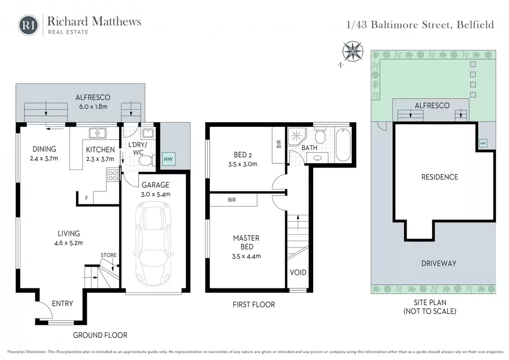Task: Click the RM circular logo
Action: [x=28, y=25]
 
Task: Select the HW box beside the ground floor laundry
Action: [x=169, y=159]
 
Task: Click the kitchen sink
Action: [x=97, y=133]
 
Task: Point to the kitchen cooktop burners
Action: [x=113, y=176]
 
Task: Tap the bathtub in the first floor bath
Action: [x=343, y=145]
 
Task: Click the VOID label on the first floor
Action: [x=298, y=272]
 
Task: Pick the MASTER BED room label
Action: [x=247, y=242]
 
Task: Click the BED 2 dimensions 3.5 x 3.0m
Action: [x=243, y=164]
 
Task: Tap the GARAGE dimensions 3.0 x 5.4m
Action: [x=156, y=194]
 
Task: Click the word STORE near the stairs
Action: [x=108, y=255]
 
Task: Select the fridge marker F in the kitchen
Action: [x=86, y=198]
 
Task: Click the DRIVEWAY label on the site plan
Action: [x=439, y=263]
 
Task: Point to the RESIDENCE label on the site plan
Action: [x=439, y=177]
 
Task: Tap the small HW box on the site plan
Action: [x=483, y=143]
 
